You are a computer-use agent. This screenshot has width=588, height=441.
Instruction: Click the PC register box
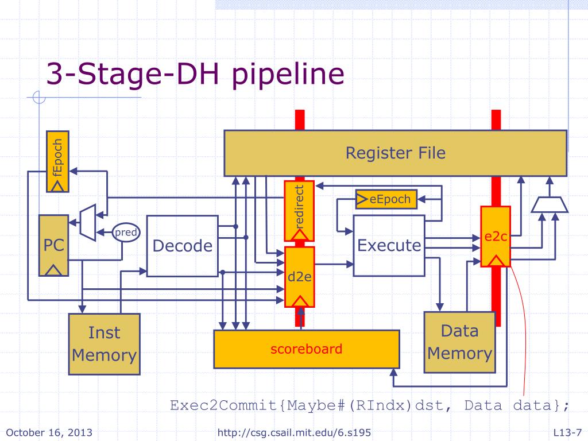pyautogui.click(x=53, y=246)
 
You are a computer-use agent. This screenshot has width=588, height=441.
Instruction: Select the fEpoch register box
pyautogui.click(x=57, y=161)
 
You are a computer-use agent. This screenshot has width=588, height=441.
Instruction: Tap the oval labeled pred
pyautogui.click(x=126, y=233)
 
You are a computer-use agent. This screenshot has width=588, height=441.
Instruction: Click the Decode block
pyautogui.click(x=182, y=246)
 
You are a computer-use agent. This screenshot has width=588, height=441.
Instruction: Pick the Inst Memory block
pyautogui.click(x=105, y=344)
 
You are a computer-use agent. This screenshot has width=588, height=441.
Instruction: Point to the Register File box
pyautogui.click(x=395, y=153)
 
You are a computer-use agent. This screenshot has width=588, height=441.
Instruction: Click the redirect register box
pyautogui.click(x=299, y=211)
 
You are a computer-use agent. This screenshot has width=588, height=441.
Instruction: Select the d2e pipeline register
pyautogui.click(x=299, y=277)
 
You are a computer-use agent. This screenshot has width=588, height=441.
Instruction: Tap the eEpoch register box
pyautogui.click(x=386, y=199)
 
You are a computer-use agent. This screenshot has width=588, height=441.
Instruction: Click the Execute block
pyautogui.click(x=389, y=246)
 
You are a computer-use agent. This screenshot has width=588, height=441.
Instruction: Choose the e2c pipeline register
pyautogui.click(x=496, y=236)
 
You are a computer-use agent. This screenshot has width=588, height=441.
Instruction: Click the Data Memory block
pyautogui.click(x=459, y=342)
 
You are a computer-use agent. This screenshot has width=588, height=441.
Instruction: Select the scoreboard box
pyautogui.click(x=307, y=349)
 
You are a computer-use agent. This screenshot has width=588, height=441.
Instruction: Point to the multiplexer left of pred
pyautogui.click(x=88, y=222)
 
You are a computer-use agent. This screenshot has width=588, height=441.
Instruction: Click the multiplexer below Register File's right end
pyautogui.click(x=550, y=205)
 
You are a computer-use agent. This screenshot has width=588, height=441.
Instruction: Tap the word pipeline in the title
pyautogui.click(x=288, y=74)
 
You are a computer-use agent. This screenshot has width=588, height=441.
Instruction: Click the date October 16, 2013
pyautogui.click(x=49, y=432)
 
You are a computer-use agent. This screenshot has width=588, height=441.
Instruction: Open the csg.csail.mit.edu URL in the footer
pyautogui.click(x=294, y=433)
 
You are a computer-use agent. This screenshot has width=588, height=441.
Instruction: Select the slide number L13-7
pyautogui.click(x=567, y=432)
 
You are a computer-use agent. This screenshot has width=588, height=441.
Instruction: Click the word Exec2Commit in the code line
pyautogui.click(x=223, y=405)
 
